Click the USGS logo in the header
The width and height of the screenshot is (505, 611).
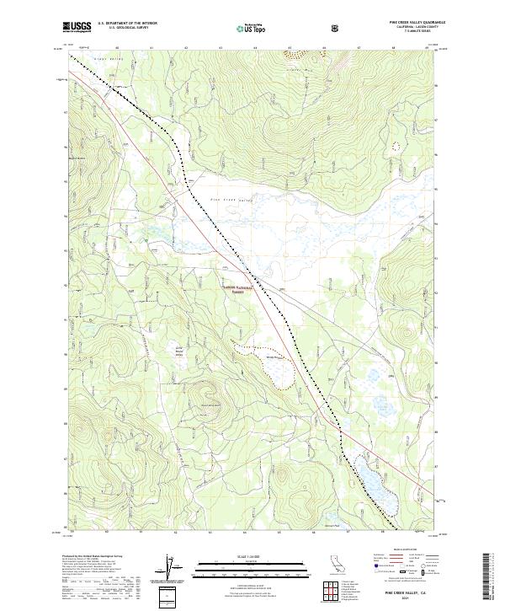pyautogui.click(x=77, y=27)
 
